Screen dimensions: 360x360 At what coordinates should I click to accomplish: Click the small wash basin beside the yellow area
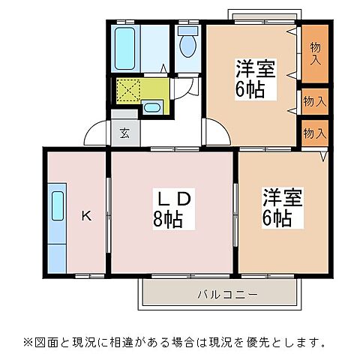tap(151, 107)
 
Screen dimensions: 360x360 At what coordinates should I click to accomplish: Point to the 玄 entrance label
tap(124, 134)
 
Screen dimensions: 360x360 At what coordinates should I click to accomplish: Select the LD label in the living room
tap(174, 199)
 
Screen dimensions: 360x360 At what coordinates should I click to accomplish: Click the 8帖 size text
tap(174, 220)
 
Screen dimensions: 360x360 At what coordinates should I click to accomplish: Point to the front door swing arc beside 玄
tap(96, 133)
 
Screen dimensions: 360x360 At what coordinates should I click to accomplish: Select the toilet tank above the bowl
tap(188, 31)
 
